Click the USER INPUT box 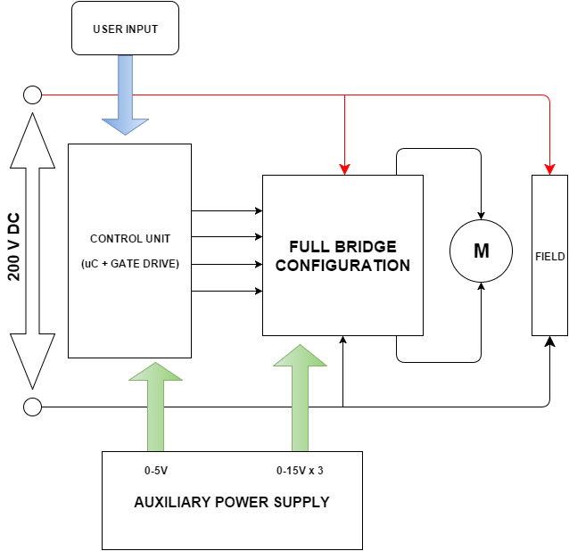click(x=125, y=29)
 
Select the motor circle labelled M click(x=481, y=251)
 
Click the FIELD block click(x=549, y=256)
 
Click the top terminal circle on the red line click(x=32, y=95)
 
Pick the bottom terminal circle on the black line click(x=32, y=407)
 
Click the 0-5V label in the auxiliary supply click(x=156, y=470)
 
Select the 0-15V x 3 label click(x=300, y=470)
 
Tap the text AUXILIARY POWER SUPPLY click(x=231, y=502)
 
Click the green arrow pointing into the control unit click(x=156, y=406)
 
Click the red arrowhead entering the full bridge click(x=344, y=169)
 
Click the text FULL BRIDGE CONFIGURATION click(x=342, y=256)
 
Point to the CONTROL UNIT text click(x=130, y=239)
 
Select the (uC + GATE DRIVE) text click(x=130, y=265)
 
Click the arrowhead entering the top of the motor click(x=482, y=214)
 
